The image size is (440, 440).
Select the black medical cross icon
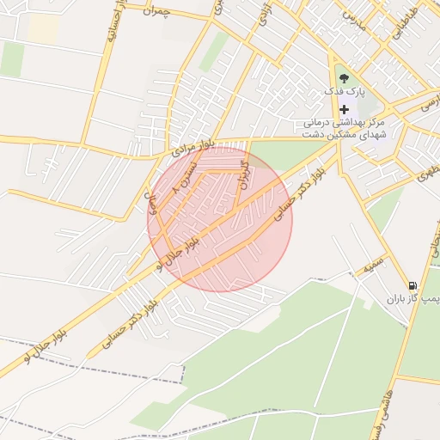(x=345, y=109)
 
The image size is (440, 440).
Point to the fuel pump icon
(x=413, y=285)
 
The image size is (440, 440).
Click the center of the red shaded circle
(x=220, y=219)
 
